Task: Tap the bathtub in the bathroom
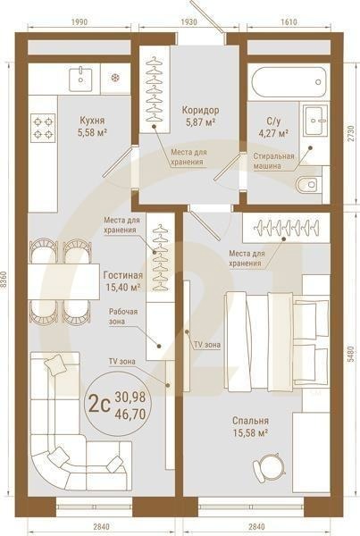tap(289, 85)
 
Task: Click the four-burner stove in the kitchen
tap(43, 126)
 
